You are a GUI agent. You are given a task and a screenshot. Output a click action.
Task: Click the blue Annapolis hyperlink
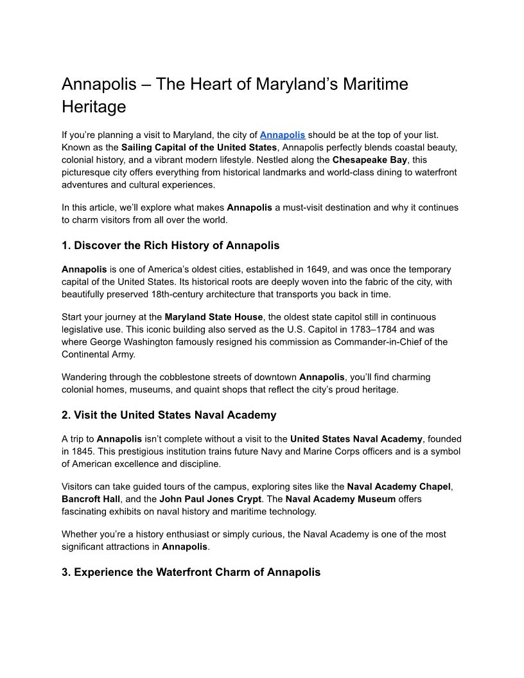(282, 135)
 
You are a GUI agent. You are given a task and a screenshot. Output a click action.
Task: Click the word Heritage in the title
(94, 106)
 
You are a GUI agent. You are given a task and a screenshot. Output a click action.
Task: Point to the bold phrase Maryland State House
(214, 317)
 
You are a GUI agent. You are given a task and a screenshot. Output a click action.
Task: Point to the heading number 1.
(65, 245)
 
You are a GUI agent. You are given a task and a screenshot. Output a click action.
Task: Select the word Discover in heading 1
(96, 245)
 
